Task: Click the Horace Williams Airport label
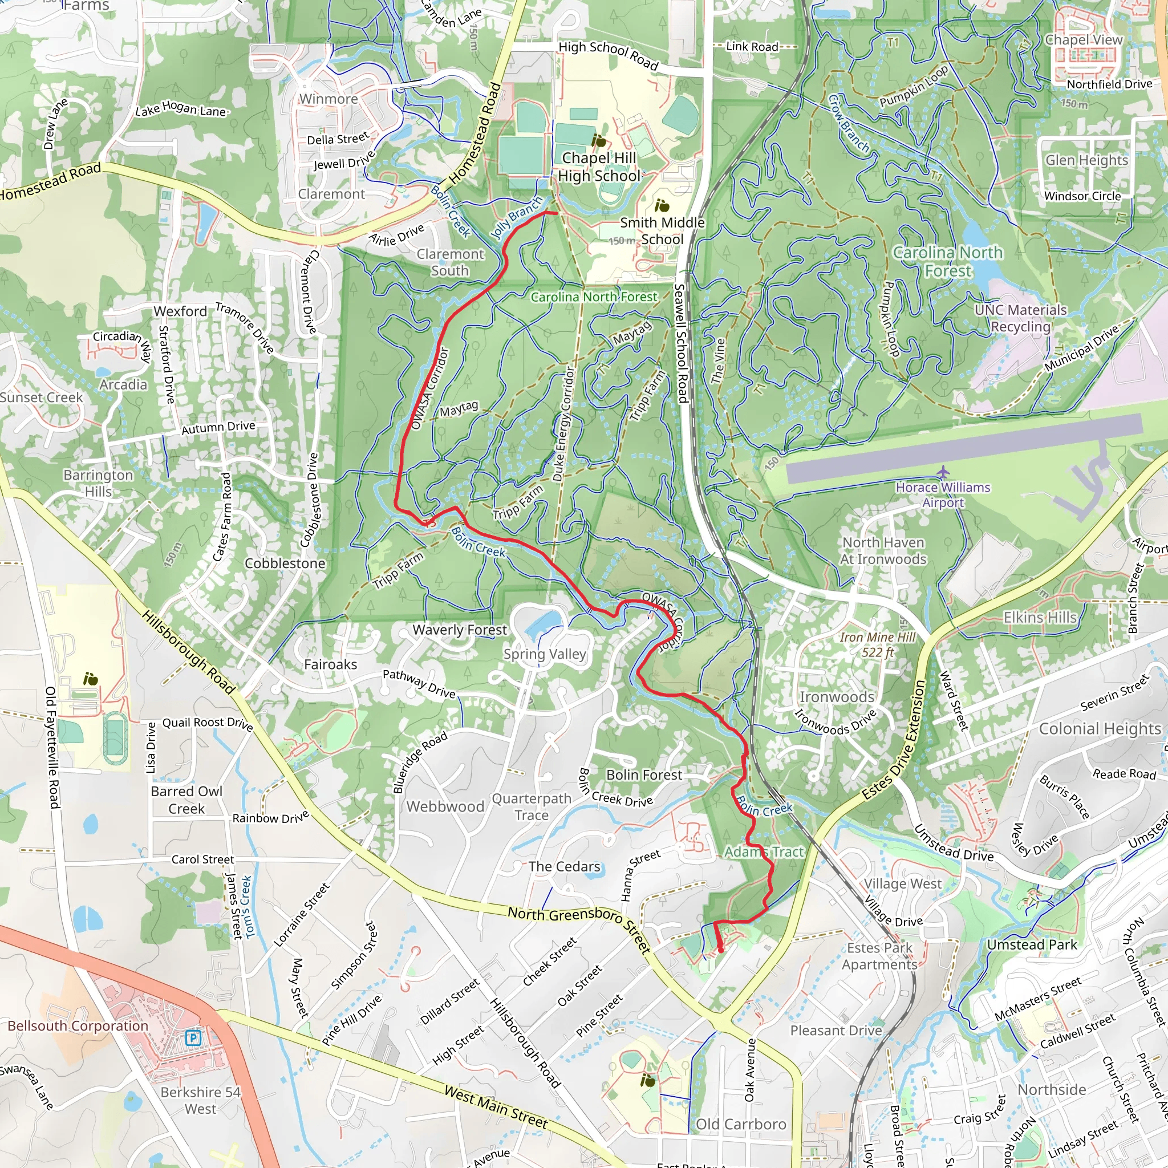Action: [943, 494]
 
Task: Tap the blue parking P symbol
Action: [193, 1039]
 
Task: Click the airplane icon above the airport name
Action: [943, 472]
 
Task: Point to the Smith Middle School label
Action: [662, 231]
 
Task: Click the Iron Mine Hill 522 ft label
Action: [877, 644]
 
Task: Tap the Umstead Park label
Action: [1031, 944]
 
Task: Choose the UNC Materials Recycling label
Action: [1020, 318]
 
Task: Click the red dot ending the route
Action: [721, 951]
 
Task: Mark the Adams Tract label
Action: [764, 852]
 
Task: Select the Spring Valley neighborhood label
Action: [545, 654]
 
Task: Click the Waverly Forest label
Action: [460, 630]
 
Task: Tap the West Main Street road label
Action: [496, 1107]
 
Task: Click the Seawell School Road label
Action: [681, 343]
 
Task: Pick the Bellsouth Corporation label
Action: [78, 1026]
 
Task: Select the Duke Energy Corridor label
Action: [563, 424]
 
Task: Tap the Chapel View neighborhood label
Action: [1084, 40]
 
